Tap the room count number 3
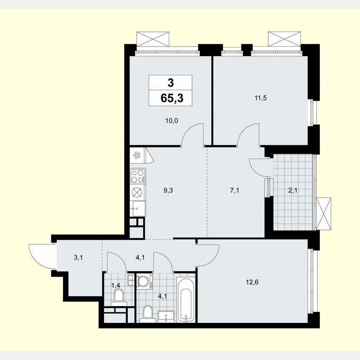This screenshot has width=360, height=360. pyautogui.click(x=171, y=82)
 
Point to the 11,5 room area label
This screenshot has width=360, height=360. pyautogui.click(x=260, y=99)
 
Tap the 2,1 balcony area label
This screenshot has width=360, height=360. pyautogui.click(x=293, y=192)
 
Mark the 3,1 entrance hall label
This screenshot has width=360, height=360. pyautogui.click(x=78, y=258)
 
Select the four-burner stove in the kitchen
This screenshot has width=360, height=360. pyautogui.click(x=137, y=176)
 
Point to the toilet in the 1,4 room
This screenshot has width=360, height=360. pyautogui.click(x=119, y=296)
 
